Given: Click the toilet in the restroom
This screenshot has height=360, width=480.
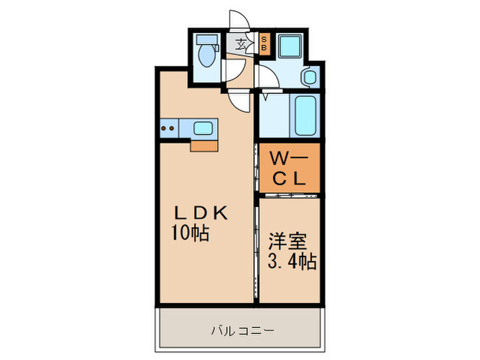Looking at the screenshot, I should click(x=205, y=56).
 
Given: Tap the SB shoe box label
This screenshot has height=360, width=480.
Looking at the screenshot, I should click(x=264, y=45).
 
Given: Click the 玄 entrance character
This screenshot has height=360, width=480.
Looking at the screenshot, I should click(x=241, y=45).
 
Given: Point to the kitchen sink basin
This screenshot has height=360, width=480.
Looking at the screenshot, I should click(x=204, y=128).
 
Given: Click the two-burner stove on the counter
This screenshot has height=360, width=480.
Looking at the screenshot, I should click(x=169, y=127).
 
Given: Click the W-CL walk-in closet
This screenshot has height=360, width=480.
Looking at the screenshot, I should click(x=289, y=168).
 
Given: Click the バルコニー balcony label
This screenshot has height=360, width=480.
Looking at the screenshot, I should click(x=241, y=331).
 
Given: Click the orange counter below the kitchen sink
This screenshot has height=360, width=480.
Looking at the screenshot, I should click(x=204, y=145).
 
